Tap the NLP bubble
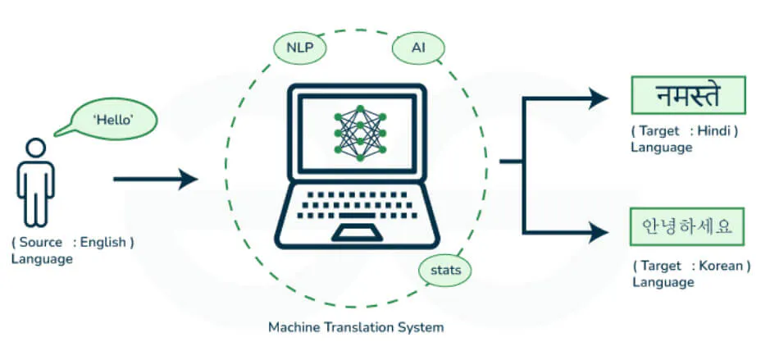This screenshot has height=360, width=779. coord(300,48)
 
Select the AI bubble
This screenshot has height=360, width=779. coord(418,48)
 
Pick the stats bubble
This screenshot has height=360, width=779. coord(445,271)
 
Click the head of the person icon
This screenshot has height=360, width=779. coord(36,148)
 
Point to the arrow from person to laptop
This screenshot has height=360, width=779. coord(156,179)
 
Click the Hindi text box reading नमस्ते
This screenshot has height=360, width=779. coord(688,95)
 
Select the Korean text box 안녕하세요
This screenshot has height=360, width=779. coord(687,227)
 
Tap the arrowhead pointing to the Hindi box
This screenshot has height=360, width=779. coord(598,98)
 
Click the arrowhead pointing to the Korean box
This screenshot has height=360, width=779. coord(598,232)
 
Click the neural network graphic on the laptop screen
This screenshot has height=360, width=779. coord(360,133)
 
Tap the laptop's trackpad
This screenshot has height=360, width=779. coord(357,232)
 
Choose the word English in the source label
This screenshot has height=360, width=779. coord(102,243)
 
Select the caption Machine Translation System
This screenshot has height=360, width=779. coord(356,328)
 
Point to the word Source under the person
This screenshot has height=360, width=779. coord(41,242)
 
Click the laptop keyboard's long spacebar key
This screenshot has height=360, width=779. coord(357,215)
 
